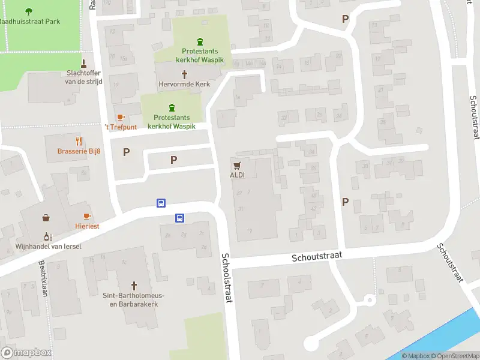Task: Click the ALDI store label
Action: tap(238, 175)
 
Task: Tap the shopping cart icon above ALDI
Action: tap(238, 164)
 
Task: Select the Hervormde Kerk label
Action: tap(184, 85)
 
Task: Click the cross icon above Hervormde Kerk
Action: tap(184, 74)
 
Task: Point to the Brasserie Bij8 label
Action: tap(79, 151)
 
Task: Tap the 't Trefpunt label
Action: tap(121, 127)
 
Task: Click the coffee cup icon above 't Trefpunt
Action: tap(120, 117)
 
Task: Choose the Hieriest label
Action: tap(87, 226)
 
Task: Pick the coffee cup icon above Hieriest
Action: tap(87, 216)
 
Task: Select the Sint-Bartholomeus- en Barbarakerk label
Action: tap(133, 299)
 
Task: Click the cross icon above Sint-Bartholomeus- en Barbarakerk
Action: tap(134, 285)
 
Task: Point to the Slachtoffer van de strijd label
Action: tap(84, 77)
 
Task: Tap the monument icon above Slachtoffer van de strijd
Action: tap(84, 62)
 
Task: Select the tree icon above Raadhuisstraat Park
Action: tap(29, 11)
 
